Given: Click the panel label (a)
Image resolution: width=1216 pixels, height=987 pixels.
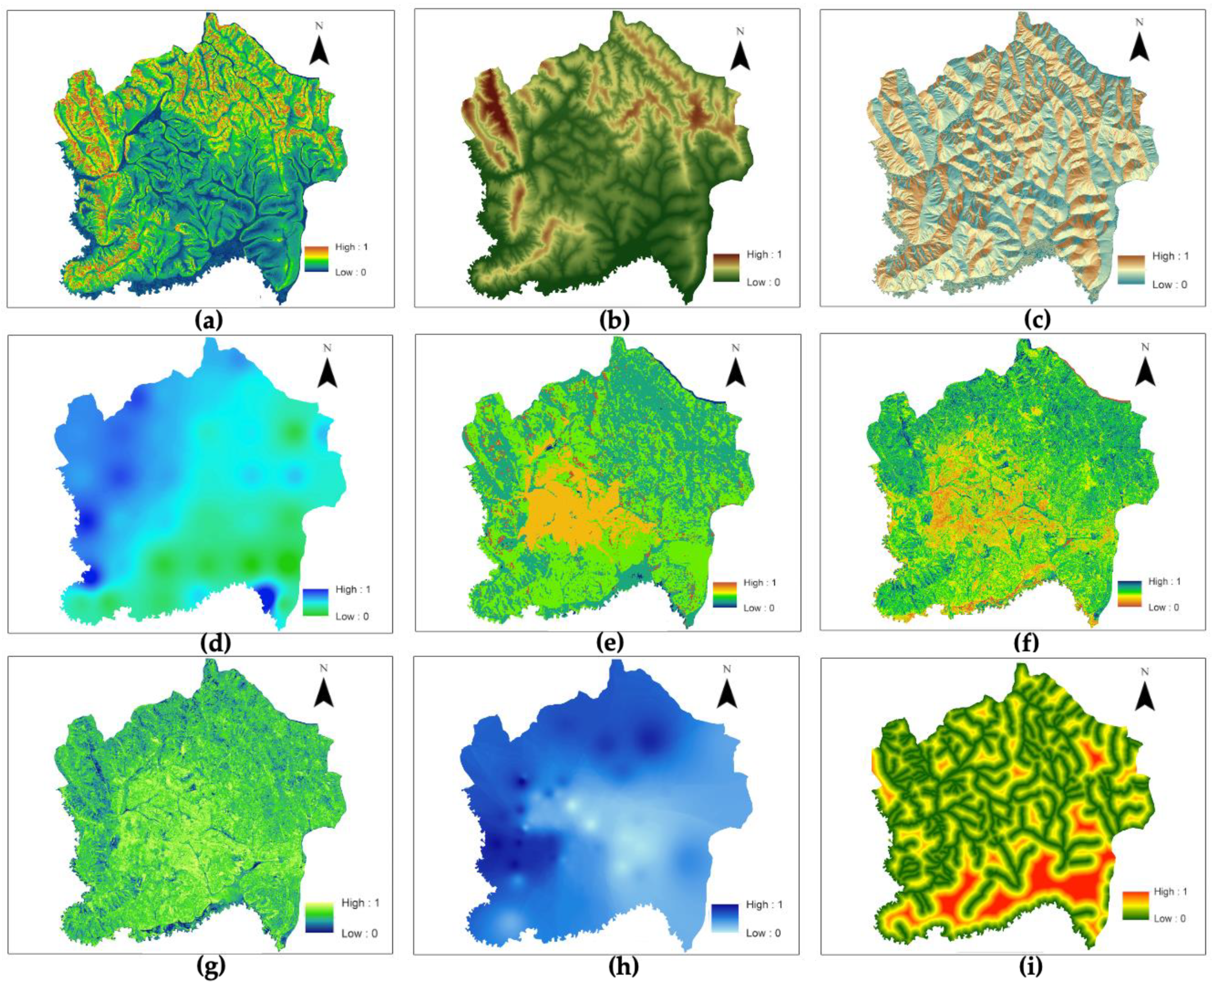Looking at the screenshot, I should pyautogui.click(x=209, y=321).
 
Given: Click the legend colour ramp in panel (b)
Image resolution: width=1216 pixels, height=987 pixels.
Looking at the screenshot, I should pyautogui.click(x=726, y=268).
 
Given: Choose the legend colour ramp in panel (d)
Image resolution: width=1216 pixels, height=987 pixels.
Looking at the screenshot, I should pyautogui.click(x=316, y=603).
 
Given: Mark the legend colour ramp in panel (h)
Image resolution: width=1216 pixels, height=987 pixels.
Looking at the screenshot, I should pyautogui.click(x=725, y=918).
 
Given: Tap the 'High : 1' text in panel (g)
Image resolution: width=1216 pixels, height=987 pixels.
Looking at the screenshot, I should pyautogui.click(x=360, y=903).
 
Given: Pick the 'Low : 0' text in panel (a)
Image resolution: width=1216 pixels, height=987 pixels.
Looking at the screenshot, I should pyautogui.click(x=350, y=272).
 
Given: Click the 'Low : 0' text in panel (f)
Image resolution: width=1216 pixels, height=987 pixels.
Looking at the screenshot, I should pyautogui.click(x=1164, y=607).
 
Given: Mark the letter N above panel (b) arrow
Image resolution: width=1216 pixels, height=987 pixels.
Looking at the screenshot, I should pyautogui.click(x=740, y=31).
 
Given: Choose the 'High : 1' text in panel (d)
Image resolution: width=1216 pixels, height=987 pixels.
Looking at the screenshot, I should pyautogui.click(x=353, y=589).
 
